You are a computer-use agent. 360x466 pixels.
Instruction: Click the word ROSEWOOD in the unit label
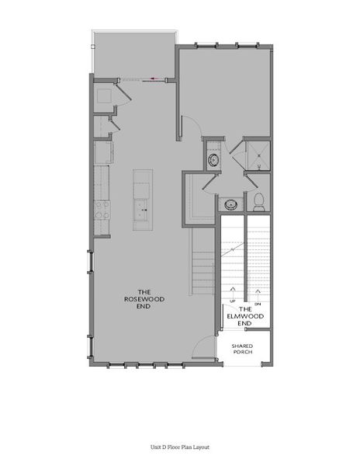[144, 299]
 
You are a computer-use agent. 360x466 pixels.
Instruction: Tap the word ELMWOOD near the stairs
[245, 316]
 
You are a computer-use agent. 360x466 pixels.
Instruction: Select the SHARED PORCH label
[243, 349]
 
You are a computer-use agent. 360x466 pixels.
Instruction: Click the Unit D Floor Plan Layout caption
[180, 447]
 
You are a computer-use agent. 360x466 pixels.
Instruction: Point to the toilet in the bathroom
[259, 202]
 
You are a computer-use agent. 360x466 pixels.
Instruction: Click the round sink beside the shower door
[213, 160]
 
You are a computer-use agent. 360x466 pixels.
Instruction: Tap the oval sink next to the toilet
[230, 204]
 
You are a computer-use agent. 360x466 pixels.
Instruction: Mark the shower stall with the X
[258, 155]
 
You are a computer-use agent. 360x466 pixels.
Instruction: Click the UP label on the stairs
[233, 301]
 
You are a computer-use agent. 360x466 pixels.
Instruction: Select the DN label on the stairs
[258, 304]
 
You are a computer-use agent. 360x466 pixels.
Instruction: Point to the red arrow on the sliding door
[154, 78]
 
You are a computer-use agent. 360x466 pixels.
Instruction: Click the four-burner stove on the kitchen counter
[102, 210]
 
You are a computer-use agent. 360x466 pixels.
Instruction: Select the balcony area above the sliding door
[134, 54]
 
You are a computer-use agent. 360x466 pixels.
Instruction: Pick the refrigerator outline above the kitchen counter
[103, 152]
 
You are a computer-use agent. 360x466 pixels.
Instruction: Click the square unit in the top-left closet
[104, 96]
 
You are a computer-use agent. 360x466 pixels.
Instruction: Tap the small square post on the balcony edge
[92, 47]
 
